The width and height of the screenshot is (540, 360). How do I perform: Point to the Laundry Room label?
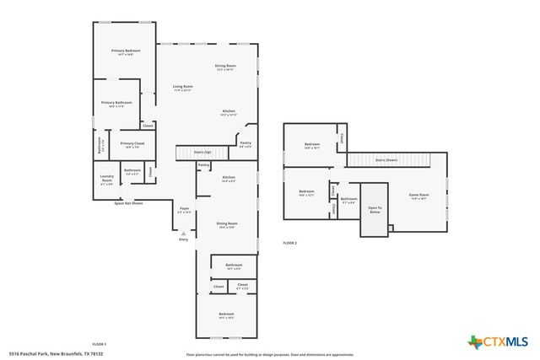pyautogui.click(x=106, y=179)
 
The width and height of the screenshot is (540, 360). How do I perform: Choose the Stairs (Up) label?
pyautogui.click(x=202, y=153)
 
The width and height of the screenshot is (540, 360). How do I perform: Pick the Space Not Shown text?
pyautogui.click(x=128, y=203)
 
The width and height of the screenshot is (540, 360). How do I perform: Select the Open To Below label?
pyautogui.click(x=374, y=210)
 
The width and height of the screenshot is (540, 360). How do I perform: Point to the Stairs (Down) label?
pyautogui.click(x=386, y=159)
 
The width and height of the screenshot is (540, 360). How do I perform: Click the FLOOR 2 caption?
pyautogui.click(x=290, y=243)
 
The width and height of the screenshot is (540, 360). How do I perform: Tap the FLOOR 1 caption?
pyautogui.click(x=100, y=344)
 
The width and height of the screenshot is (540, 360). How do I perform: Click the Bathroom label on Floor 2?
pyautogui.click(x=349, y=200)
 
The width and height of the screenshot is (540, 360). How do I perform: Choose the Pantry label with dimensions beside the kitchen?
pyautogui.click(x=246, y=144)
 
